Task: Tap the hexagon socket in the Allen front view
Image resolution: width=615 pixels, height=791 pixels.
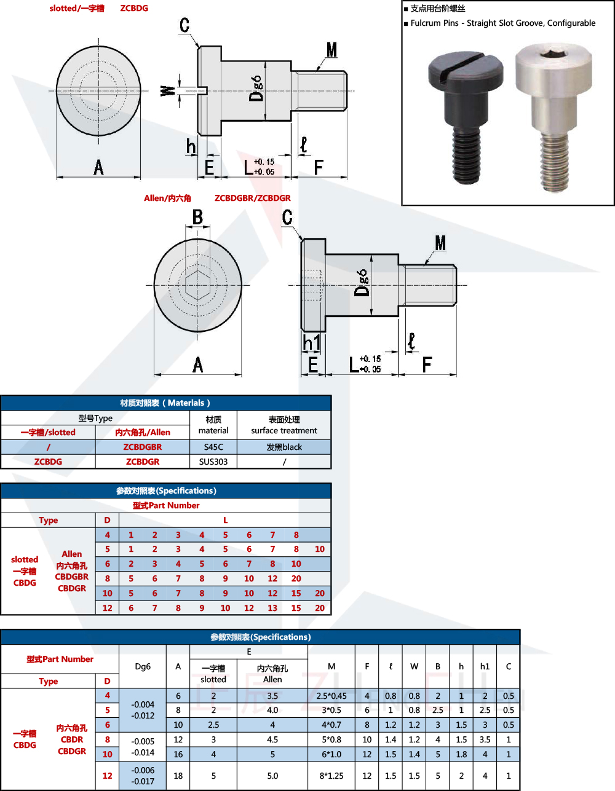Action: click(x=197, y=285)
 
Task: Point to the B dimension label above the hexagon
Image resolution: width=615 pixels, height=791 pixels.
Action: click(x=197, y=218)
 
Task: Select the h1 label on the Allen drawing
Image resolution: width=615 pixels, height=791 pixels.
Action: click(x=311, y=343)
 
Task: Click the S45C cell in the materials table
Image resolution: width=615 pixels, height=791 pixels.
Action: click(x=213, y=447)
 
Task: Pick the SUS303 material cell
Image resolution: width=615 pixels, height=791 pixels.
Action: click(x=213, y=462)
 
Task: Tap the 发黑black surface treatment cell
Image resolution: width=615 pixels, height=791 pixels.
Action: click(x=284, y=447)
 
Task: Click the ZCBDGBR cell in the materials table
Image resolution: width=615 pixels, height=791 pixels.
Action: click(x=143, y=447)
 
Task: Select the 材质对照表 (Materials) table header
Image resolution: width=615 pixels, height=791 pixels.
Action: click(x=165, y=403)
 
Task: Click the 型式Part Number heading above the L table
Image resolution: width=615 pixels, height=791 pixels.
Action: click(x=166, y=505)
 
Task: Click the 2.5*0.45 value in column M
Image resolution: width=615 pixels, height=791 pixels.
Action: click(x=331, y=696)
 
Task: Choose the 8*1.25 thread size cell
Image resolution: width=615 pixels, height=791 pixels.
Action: click(x=331, y=776)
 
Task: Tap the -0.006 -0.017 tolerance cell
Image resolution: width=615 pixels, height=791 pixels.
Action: click(x=143, y=776)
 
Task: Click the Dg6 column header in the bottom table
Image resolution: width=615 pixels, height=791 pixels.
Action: click(x=143, y=666)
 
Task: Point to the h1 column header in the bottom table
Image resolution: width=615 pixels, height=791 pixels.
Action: click(x=485, y=666)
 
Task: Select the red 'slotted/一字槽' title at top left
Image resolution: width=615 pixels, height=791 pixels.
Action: click(x=77, y=9)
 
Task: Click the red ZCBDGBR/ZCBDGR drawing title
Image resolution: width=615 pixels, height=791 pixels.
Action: click(x=252, y=198)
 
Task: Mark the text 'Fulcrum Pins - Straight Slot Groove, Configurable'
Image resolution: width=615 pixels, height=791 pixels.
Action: click(x=503, y=23)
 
